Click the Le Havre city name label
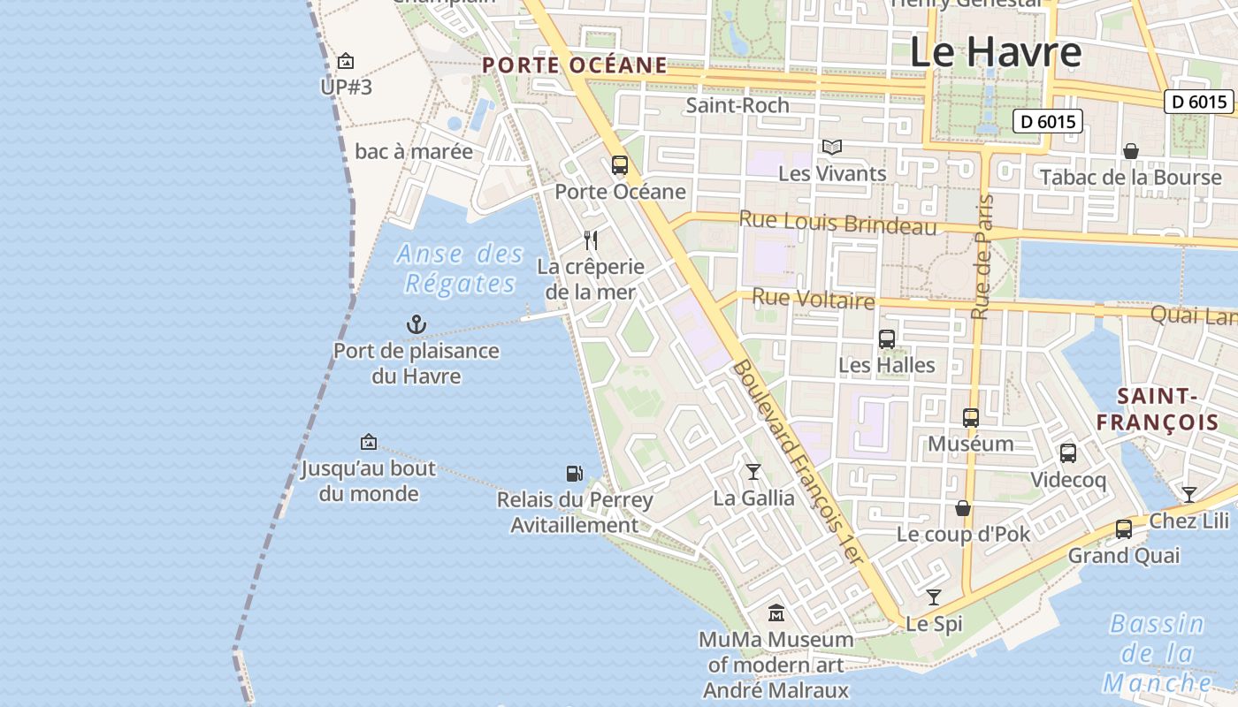click(x=996, y=52)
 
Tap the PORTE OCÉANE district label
click(x=575, y=65)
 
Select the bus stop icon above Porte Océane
click(x=620, y=164)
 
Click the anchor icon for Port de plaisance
click(x=416, y=324)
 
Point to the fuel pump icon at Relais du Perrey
click(x=575, y=474)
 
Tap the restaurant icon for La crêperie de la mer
click(x=591, y=239)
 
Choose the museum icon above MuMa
click(x=776, y=612)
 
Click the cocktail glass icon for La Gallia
click(x=753, y=472)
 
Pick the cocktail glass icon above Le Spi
click(x=934, y=597)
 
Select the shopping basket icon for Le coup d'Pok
click(x=963, y=508)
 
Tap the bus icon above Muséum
click(x=971, y=417)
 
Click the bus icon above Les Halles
click(x=887, y=338)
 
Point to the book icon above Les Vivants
click(x=832, y=147)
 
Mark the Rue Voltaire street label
click(x=814, y=300)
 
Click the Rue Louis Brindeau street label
click(x=837, y=222)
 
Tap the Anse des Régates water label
click(x=460, y=269)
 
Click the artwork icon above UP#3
click(x=346, y=61)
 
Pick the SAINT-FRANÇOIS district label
click(x=1158, y=409)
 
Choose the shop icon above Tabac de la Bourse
click(x=1130, y=151)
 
